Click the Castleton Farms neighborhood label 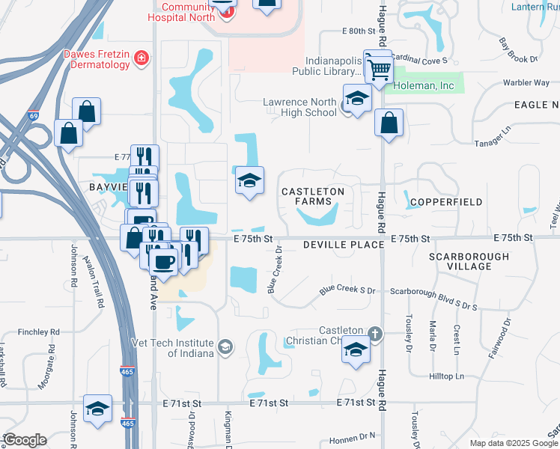312,197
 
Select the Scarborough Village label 469,262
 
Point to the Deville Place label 333,245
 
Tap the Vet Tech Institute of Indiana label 184,347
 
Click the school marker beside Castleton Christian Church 356,349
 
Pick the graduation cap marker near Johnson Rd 97,409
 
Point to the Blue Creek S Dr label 347,289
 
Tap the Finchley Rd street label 38,332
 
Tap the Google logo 25,440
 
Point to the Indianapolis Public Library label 333,67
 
